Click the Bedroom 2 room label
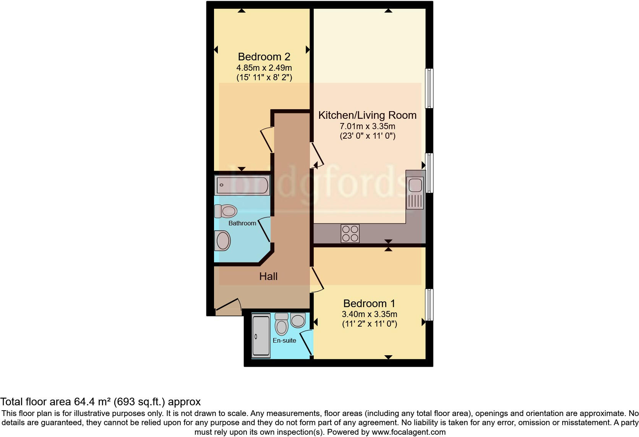point(264,57)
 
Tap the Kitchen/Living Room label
point(367,115)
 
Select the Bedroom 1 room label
point(369,303)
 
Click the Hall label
point(268,276)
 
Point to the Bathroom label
point(242,223)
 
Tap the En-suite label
point(284,340)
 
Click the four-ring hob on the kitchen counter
point(350,233)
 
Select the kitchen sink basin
point(415,185)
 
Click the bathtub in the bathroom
point(243,185)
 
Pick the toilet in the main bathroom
point(226,211)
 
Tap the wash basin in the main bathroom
point(222,241)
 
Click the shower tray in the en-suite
point(261,336)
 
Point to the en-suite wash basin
point(298,320)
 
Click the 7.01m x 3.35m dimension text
point(367,126)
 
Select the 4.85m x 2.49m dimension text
point(264,68)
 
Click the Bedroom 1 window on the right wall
point(429,304)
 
